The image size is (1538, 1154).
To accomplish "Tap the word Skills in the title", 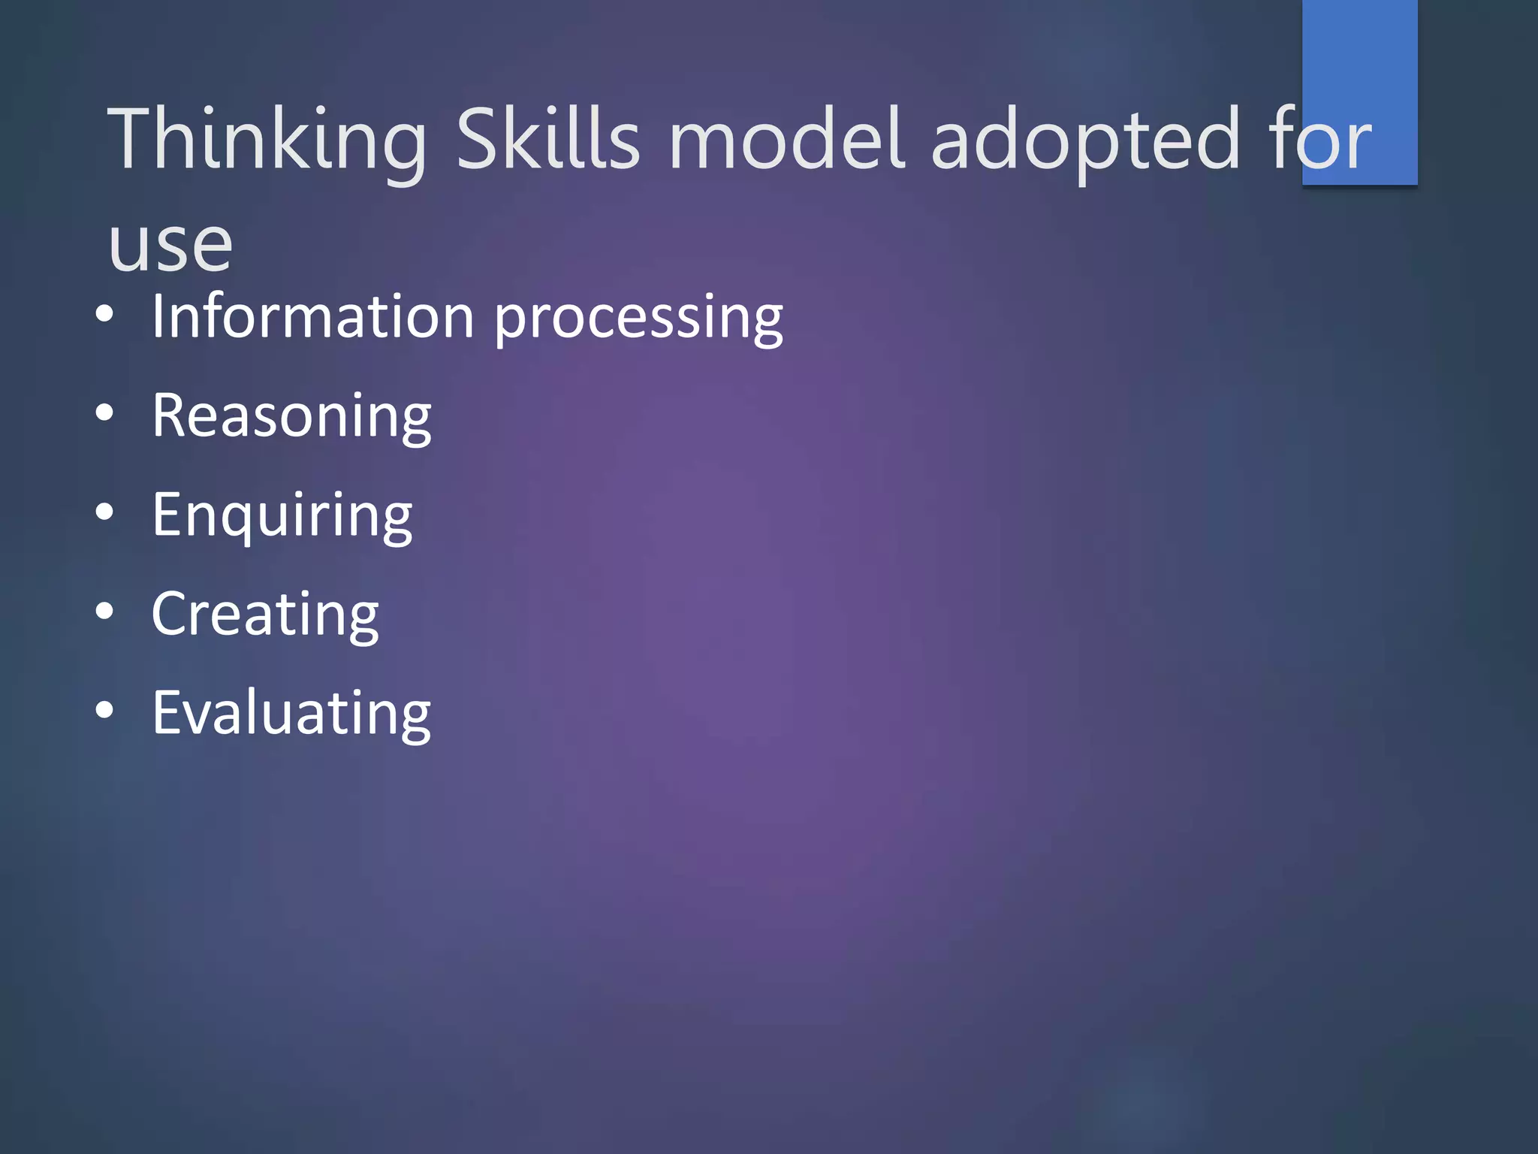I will point(548,139).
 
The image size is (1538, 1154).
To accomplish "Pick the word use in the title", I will point(170,245).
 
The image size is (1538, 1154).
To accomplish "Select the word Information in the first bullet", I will point(313,316).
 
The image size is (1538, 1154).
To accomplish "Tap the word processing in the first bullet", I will point(638,319).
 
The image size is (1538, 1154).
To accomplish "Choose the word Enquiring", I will point(282,517).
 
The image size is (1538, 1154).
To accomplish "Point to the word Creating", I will point(265,615).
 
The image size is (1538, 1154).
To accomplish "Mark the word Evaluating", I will point(291,713).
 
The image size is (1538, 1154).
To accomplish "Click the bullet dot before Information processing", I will point(104,313).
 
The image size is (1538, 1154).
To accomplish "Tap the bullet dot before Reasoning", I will point(104,412).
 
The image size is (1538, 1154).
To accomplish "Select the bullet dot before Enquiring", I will point(104,512).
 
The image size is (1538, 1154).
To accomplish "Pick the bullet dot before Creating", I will point(104,611).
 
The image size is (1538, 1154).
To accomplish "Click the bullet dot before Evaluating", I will point(104,710).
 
